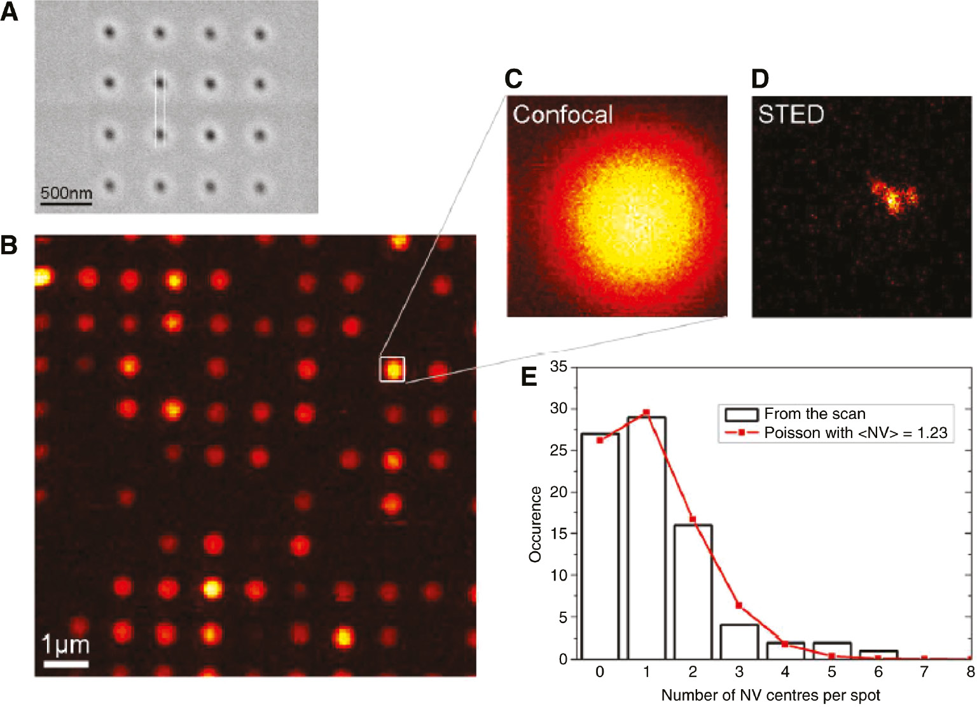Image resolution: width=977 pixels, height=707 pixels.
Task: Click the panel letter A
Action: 10,11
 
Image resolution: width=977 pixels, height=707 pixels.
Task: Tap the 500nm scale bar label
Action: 66,192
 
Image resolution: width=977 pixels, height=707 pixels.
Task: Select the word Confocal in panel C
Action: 562,114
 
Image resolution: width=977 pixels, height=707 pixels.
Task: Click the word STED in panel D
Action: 791,114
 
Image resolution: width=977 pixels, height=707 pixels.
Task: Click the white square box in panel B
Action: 392,369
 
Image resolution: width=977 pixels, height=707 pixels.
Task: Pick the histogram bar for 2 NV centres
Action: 693,591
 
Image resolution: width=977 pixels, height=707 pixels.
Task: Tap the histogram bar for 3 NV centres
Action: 739,642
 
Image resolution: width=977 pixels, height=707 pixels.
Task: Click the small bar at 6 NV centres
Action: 878,655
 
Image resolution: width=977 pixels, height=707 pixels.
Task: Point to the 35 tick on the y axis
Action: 558,367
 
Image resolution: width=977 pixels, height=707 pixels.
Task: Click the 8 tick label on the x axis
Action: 970,672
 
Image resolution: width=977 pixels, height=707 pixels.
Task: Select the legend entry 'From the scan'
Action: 814,414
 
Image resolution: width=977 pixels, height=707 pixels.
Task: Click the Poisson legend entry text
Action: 856,433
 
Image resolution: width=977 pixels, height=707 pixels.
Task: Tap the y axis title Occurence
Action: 535,524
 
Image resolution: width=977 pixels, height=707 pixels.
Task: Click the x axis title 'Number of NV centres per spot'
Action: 770,696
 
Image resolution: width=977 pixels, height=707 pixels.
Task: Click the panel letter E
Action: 529,376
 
